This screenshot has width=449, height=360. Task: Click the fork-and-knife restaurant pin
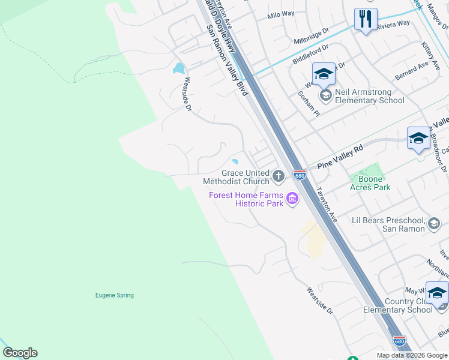click(366, 20)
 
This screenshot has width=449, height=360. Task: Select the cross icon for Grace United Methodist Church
click(278, 176)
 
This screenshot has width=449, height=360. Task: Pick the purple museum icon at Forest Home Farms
click(292, 199)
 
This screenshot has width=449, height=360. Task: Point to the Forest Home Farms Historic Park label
click(246, 199)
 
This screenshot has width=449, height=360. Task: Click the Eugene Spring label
click(115, 295)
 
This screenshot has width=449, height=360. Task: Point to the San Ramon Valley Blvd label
click(227, 60)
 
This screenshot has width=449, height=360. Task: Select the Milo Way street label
click(281, 14)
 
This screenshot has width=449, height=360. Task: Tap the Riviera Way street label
click(393, 23)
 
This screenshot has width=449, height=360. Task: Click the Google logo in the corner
click(20, 353)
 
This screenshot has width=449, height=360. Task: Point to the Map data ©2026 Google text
click(412, 355)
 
